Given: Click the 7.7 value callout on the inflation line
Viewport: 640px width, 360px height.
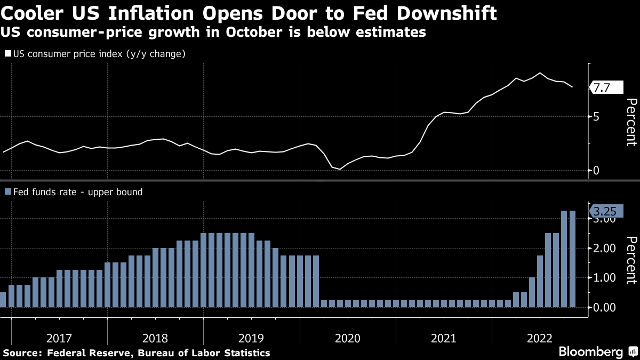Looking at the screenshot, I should pos(602,88).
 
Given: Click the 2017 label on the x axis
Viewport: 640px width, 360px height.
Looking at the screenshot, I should pos(59,338).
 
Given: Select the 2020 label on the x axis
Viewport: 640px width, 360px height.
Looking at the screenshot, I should pos(348,338).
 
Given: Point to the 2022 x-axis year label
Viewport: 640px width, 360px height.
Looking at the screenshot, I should pos(540,338).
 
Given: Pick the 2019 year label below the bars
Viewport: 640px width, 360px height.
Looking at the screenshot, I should pos(251,338).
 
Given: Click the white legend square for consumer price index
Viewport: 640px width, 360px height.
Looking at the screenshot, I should pos(8,54).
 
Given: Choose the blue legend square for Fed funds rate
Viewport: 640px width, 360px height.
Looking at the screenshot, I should pos(8,192).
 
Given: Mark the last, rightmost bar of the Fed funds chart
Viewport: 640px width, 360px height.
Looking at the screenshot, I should pos(572,259).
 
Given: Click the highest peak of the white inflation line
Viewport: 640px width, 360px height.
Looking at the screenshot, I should pos(540,73).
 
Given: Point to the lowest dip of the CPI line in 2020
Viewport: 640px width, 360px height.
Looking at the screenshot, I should pos(340,169).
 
